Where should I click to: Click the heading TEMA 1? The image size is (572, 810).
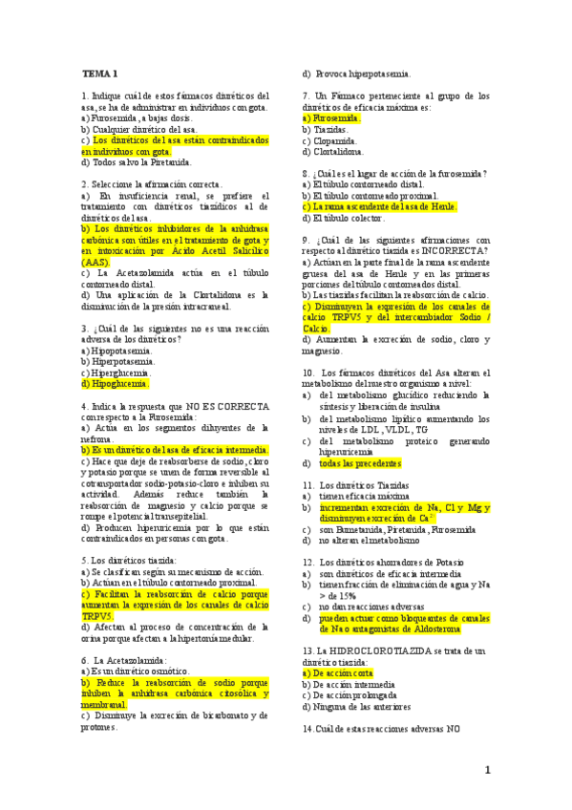pos(99,74)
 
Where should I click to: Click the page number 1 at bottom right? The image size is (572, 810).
pos(486,770)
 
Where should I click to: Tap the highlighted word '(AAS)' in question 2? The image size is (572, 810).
pos(95,261)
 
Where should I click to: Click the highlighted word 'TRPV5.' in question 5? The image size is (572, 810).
pos(97,616)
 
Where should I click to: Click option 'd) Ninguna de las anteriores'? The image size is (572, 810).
pos(356,708)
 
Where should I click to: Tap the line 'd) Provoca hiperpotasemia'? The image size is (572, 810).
pos(357,74)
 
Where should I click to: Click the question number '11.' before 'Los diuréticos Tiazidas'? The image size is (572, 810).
pos(308,485)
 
